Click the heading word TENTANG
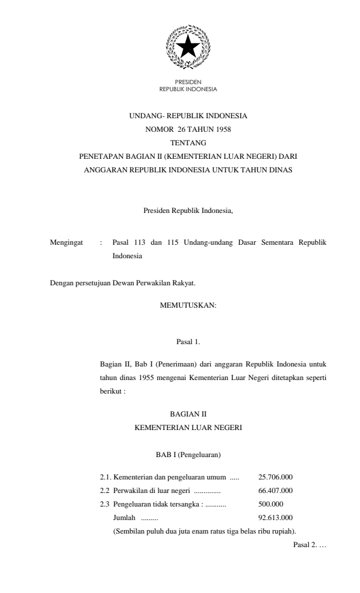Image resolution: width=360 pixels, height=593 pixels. (x=188, y=142)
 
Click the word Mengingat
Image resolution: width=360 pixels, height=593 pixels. (x=66, y=242)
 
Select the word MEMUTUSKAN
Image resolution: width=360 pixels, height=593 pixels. (x=188, y=305)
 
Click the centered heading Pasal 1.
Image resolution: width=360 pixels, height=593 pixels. (x=188, y=341)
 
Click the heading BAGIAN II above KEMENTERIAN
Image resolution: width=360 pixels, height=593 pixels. (x=188, y=414)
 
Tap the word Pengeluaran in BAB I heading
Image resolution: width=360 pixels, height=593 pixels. (x=201, y=455)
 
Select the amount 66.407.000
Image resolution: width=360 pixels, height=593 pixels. (x=275, y=489)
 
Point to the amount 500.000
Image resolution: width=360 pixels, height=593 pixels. (x=271, y=504)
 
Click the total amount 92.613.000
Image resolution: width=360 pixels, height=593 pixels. (x=275, y=518)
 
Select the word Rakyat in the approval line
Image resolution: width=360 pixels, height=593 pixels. (x=181, y=283)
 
